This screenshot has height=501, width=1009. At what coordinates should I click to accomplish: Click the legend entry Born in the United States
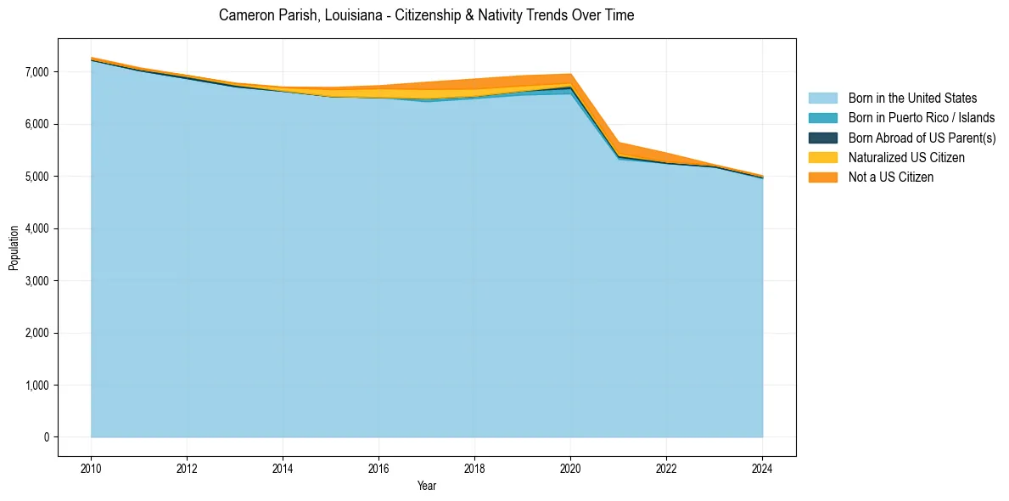pyautogui.click(x=912, y=99)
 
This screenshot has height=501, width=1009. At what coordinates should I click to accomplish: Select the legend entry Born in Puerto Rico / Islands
pyautogui.click(x=922, y=118)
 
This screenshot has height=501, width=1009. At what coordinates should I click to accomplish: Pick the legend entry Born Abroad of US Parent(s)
pyautogui.click(x=922, y=138)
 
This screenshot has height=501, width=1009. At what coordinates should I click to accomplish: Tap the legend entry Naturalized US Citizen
pyautogui.click(x=906, y=157)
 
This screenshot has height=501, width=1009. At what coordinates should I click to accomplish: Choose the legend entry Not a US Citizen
pyautogui.click(x=891, y=177)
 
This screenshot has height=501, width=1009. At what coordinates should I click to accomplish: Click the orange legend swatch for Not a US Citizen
pyautogui.click(x=822, y=177)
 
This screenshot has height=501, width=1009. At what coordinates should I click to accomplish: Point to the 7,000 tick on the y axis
pyautogui.click(x=37, y=72)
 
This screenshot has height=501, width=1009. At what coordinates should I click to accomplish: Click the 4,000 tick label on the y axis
pyautogui.click(x=37, y=228)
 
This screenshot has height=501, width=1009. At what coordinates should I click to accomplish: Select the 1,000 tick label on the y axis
pyautogui.click(x=37, y=386)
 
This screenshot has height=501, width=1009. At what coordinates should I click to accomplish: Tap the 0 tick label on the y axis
pyautogui.click(x=47, y=437)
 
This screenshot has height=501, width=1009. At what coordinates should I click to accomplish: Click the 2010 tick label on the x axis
pyautogui.click(x=91, y=468)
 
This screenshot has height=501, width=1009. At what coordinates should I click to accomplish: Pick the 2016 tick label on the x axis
pyautogui.click(x=378, y=468)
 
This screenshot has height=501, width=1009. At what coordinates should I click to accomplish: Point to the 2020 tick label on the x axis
pyautogui.click(x=570, y=468)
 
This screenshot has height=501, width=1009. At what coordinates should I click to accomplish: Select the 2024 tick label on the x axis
pyautogui.click(x=762, y=468)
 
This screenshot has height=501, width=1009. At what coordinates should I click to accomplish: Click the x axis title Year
pyautogui.click(x=426, y=486)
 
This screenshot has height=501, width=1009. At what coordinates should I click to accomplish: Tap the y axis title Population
pyautogui.click(x=14, y=248)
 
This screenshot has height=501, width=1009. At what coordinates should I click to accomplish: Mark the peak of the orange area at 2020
pyautogui.click(x=570, y=75)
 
